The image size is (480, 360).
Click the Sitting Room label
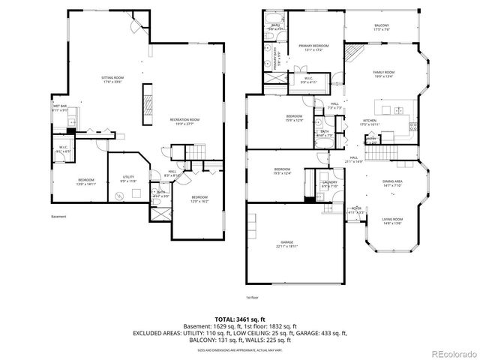(x=113, y=79)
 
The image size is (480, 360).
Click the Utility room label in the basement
(x=128, y=178)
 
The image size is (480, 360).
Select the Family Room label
(x=385, y=73)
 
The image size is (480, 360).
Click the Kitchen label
(x=370, y=121)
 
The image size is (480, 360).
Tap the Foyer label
(x=356, y=210)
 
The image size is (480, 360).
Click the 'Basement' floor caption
(x=58, y=217)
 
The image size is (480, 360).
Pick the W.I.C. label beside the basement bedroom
(x=63, y=148)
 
